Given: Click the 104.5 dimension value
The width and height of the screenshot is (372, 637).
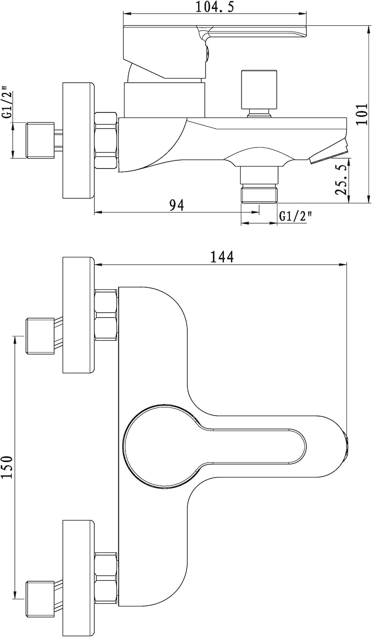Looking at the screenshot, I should pyautogui.click(x=215, y=7).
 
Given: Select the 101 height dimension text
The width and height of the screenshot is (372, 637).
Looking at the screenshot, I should pyautogui.click(x=361, y=114).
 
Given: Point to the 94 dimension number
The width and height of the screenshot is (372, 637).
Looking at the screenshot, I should pyautogui.click(x=176, y=205).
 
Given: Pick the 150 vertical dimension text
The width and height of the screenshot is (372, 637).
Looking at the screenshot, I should pyautogui.click(x=7, y=467).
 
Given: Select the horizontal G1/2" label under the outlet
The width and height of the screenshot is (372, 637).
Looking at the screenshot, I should pyautogui.click(x=296, y=217).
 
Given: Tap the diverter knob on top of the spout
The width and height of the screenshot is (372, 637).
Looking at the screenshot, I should pyautogui.click(x=260, y=90).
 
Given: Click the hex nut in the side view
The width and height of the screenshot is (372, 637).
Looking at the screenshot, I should pyautogui.click(x=105, y=140).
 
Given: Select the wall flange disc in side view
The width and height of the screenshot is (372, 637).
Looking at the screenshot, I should pyautogui.click(x=78, y=140).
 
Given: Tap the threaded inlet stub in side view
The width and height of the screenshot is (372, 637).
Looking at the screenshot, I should pyautogui.click(x=41, y=140).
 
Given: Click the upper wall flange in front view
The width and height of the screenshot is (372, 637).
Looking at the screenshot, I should pyautogui.click(x=78, y=315).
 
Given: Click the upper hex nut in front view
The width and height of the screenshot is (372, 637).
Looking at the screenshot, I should pyautogui.click(x=106, y=315).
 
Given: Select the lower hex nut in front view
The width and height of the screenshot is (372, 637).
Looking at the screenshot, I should pyautogui.click(x=106, y=577).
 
